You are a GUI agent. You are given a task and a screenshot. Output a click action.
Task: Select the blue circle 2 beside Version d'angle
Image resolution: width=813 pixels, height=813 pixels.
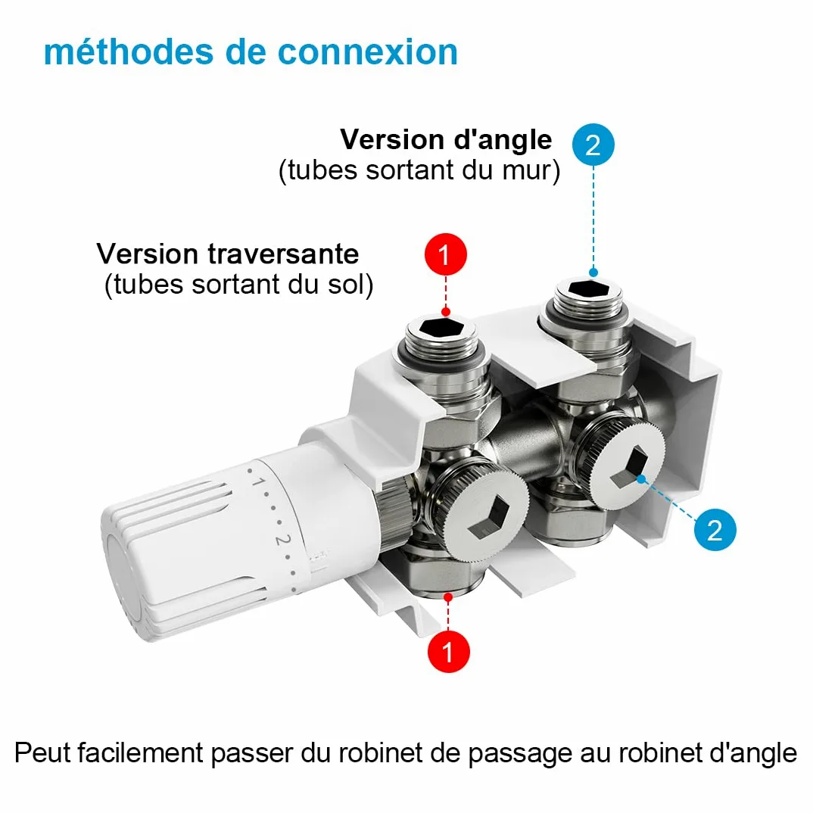[593, 145]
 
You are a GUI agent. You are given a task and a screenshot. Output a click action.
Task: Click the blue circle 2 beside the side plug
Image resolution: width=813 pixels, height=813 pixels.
[715, 529]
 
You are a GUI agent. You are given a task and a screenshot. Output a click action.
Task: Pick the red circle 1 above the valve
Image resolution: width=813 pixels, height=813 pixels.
[445, 254]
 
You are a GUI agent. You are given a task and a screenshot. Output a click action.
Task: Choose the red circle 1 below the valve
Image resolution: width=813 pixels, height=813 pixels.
[448, 651]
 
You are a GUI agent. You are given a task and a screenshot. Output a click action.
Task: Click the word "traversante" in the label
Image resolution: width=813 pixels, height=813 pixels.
[283, 254]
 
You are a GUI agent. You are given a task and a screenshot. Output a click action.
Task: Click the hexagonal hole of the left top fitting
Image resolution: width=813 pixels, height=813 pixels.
[441, 328]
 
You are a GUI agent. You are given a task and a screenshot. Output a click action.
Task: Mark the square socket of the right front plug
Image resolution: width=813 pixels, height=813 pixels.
[630, 468]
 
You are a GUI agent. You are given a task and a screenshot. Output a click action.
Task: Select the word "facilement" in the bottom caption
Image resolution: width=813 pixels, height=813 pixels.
[141, 753]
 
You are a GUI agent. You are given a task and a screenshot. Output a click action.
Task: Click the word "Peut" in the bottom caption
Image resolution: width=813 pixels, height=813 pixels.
[43, 752]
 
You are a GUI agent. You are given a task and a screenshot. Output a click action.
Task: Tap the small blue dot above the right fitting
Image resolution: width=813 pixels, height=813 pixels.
[593, 273]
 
